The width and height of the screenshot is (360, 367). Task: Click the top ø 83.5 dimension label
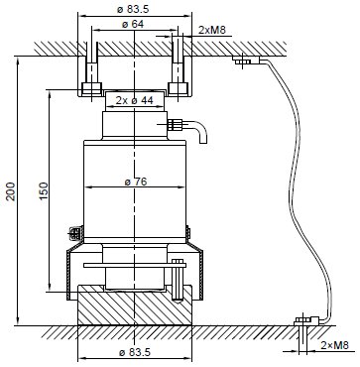[133, 9]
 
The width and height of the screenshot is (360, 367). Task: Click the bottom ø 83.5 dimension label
[135, 352]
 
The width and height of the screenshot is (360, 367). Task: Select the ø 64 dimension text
[133, 24]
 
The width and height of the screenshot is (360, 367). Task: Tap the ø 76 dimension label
[136, 182]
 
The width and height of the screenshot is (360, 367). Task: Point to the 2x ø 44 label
[135, 100]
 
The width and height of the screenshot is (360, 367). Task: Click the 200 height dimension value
[11, 191]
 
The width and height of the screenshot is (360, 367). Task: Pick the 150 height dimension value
[44, 191]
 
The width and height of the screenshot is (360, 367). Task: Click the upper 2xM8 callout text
[212, 30]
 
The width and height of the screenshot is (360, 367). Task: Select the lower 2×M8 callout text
[335, 345]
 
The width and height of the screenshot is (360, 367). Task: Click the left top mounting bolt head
[91, 88]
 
